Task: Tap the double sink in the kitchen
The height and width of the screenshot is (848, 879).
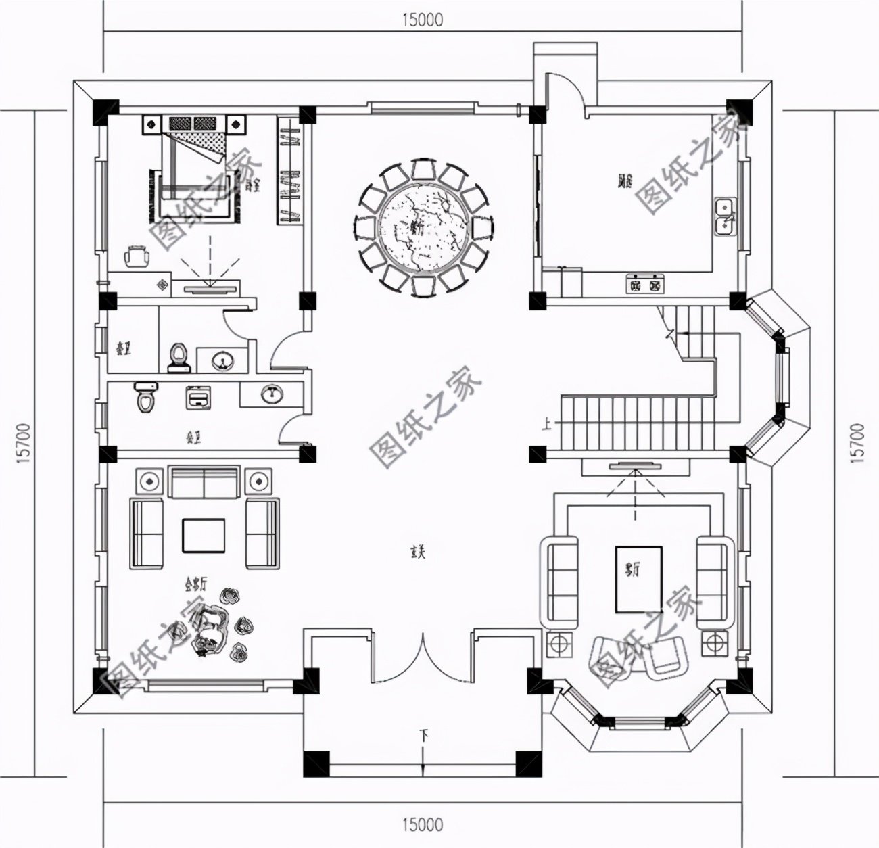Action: (726, 216)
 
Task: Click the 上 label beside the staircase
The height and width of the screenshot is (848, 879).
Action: (546, 425)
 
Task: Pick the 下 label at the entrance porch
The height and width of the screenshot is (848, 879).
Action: (424, 734)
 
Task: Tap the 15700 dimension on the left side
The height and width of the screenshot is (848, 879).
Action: (23, 443)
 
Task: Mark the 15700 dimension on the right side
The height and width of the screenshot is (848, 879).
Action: (857, 443)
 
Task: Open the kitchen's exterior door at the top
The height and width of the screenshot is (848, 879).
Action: (561, 91)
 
